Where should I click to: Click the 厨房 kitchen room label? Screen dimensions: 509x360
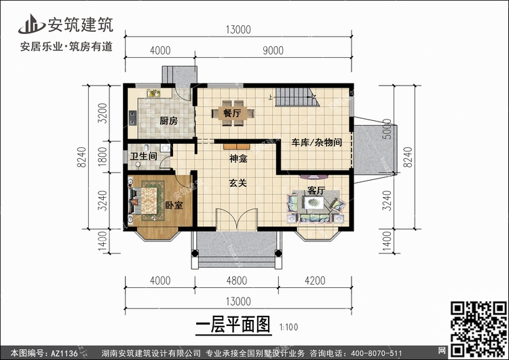tap(168, 121)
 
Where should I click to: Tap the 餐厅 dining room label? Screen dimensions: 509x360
tap(232, 113)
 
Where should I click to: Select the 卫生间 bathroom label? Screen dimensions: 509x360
tap(144, 156)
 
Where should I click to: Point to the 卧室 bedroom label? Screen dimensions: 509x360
tap(174, 205)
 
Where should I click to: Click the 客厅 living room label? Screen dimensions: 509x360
tap(316, 190)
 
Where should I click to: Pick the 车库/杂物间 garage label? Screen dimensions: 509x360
tap(316, 143)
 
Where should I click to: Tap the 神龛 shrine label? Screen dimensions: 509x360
tap(238, 158)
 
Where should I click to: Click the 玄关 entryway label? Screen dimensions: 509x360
tap(238, 183)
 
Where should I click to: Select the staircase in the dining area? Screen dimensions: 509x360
tap(298, 97)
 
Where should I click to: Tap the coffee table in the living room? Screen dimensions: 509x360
tap(314, 202)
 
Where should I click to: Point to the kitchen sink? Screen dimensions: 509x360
tap(153, 93)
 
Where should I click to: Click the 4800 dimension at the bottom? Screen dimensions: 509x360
tap(237, 281)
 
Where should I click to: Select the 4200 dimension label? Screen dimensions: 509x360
tap(315, 281)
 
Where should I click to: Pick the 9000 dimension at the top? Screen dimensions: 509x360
tap(273, 50)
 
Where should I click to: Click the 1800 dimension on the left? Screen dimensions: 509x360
tap(102, 157)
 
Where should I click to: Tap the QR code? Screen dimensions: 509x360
tap(479, 329)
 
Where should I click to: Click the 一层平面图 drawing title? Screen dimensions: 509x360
tap(233, 325)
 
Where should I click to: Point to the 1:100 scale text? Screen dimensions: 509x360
tap(288, 327)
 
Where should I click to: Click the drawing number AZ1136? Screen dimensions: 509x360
tap(64, 353)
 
